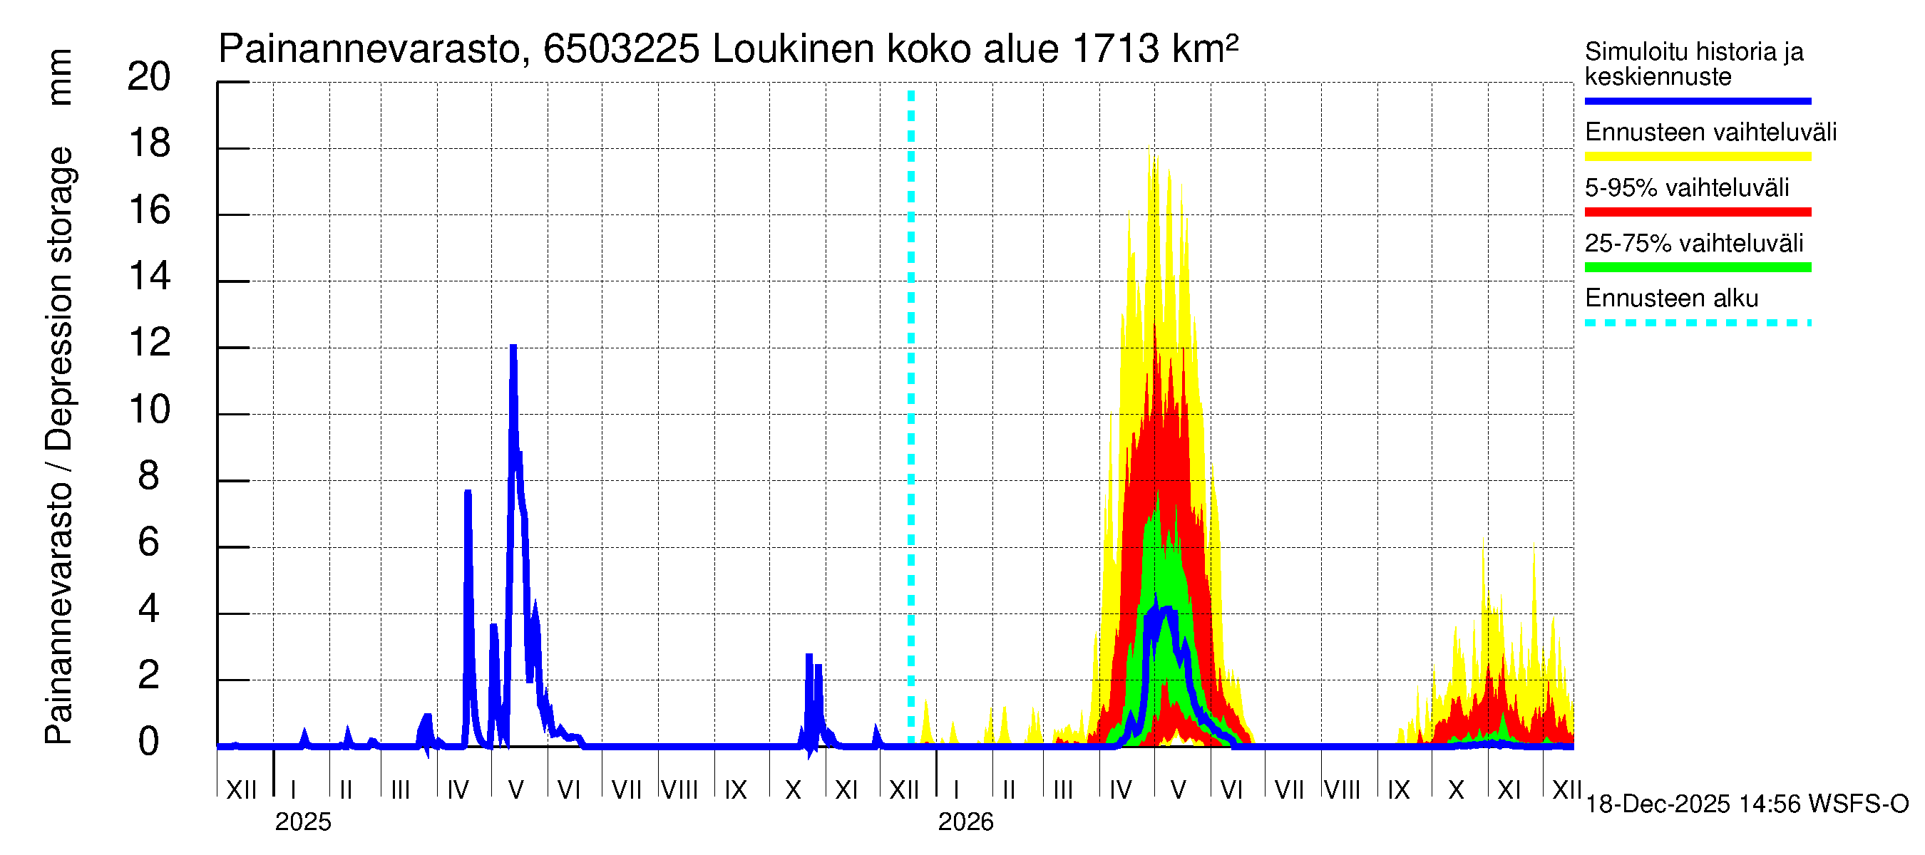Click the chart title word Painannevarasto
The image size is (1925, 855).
click(x=369, y=50)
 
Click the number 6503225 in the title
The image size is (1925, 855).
click(x=621, y=50)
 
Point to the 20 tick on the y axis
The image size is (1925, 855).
click(x=149, y=77)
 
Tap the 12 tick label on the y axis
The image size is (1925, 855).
click(x=149, y=343)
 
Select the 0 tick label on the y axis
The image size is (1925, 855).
click(x=149, y=742)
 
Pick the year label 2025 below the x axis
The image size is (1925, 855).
click(x=302, y=822)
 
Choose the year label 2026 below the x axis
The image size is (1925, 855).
click(x=965, y=822)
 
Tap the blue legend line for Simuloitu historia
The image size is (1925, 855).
click(x=1697, y=100)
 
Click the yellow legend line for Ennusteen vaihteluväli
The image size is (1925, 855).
click(x=1697, y=157)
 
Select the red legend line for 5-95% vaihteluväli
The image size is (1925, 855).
click(x=1697, y=212)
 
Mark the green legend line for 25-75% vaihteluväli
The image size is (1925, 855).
click(x=1697, y=267)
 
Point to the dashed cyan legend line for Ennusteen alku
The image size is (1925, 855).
click(x=1697, y=323)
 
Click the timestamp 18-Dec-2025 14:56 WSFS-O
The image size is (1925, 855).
click(x=1746, y=804)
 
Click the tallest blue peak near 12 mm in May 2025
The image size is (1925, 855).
click(x=513, y=348)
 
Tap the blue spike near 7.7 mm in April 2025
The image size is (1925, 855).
click(x=468, y=493)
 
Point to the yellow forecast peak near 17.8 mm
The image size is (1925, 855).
click(x=1154, y=157)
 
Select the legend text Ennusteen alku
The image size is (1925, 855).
click(x=1671, y=299)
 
